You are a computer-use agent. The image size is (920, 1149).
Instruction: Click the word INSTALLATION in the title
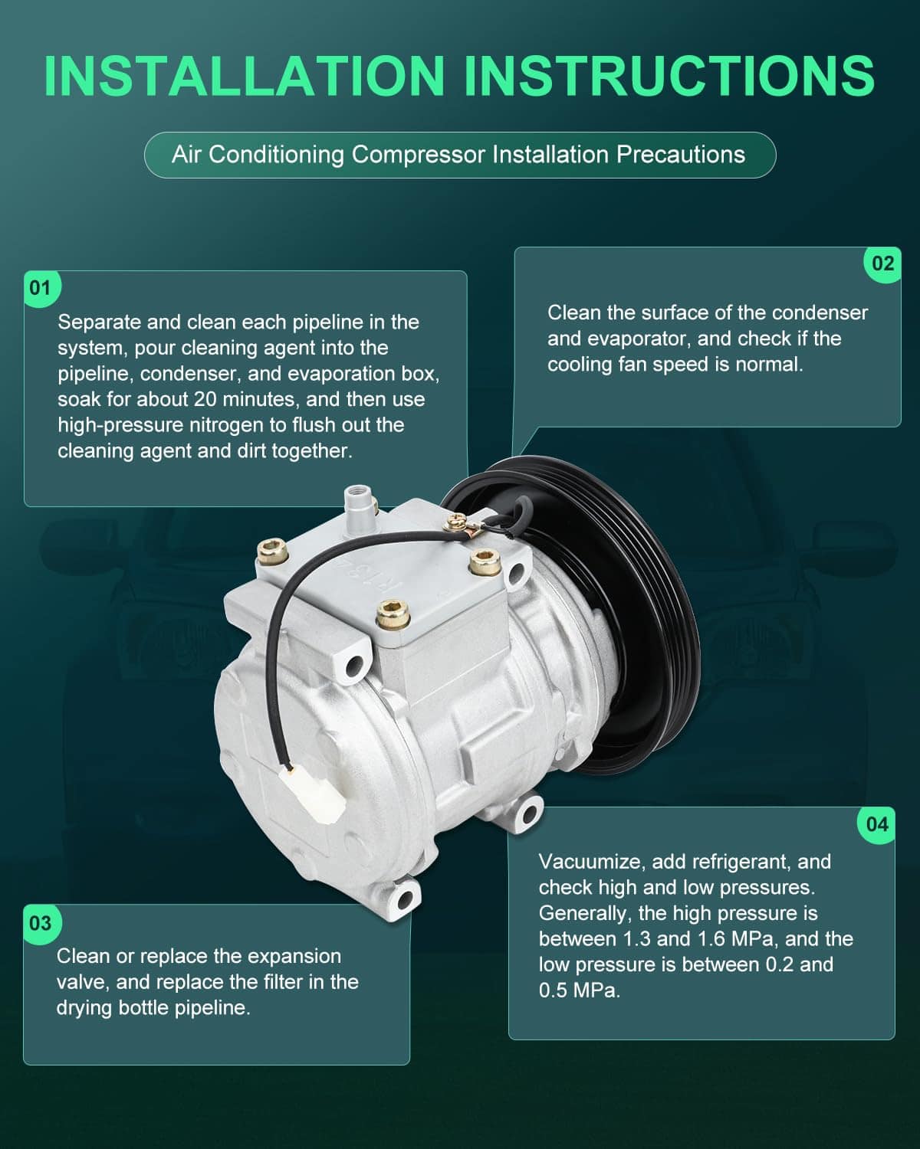click(x=245, y=76)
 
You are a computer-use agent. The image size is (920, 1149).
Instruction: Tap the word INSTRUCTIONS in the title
click(x=670, y=76)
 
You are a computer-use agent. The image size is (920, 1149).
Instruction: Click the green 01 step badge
click(x=41, y=288)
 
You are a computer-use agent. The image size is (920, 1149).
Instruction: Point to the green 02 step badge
click(x=882, y=264)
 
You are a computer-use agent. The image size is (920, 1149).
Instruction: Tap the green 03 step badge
click(x=41, y=923)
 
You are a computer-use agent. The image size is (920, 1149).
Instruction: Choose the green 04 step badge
click(x=877, y=824)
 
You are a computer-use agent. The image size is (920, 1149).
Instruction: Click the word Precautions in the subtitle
click(x=681, y=155)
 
